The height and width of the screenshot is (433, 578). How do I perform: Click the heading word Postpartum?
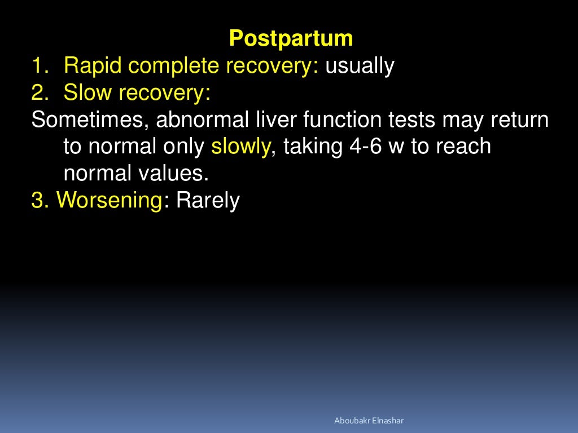tap(291, 39)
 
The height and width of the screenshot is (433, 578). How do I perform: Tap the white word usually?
tap(359, 66)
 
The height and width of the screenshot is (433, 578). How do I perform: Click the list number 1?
tap(38, 66)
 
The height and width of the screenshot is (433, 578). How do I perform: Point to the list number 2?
tap(38, 92)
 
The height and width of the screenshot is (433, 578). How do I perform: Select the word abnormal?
tap(199, 120)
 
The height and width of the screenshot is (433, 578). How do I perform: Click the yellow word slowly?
tap(241, 147)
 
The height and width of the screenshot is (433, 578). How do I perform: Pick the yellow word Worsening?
tap(110, 200)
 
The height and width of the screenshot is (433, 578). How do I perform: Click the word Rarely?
tap(208, 200)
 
